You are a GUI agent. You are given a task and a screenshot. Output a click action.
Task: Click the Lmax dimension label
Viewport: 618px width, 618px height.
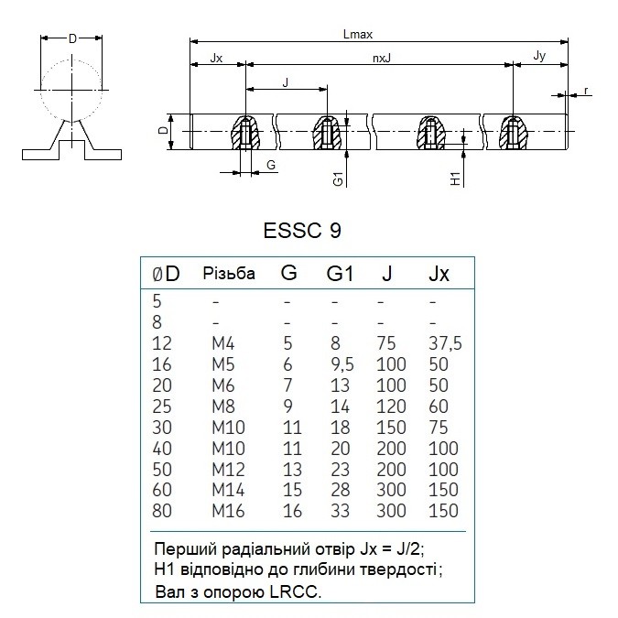(357, 34)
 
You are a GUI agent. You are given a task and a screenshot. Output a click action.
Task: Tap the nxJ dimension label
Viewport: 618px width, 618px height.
(382, 59)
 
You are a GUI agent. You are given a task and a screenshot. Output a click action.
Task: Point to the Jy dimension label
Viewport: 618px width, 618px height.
(539, 56)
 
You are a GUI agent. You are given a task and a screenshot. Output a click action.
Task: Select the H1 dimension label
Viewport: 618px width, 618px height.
(455, 179)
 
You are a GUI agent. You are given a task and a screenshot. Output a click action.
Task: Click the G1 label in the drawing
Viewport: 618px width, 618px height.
(338, 179)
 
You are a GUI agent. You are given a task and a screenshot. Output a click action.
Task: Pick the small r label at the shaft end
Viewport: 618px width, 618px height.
(586, 91)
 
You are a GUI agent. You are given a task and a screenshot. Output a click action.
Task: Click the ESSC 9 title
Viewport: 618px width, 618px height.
(302, 230)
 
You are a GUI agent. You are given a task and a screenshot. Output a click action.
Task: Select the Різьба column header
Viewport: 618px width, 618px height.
(229, 273)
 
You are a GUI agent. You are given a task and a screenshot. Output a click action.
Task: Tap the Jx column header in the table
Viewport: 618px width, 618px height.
(439, 273)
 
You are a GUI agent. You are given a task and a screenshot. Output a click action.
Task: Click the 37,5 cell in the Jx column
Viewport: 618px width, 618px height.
(445, 343)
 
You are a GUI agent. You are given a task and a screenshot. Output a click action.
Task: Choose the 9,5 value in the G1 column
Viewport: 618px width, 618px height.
(342, 364)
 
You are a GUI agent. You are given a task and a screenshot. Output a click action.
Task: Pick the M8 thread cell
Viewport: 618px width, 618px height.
(223, 407)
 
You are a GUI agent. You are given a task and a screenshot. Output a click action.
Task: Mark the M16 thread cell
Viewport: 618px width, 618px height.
(228, 511)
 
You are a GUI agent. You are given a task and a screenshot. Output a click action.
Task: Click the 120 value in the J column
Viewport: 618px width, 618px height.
(391, 407)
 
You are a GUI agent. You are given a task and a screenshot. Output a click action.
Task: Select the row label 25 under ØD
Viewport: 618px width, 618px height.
(162, 407)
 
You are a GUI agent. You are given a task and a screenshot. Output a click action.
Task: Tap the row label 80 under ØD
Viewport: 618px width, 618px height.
(162, 511)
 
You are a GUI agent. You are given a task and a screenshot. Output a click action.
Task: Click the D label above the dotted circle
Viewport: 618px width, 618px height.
(72, 38)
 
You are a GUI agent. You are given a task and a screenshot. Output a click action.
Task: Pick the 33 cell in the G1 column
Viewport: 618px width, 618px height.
(341, 511)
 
